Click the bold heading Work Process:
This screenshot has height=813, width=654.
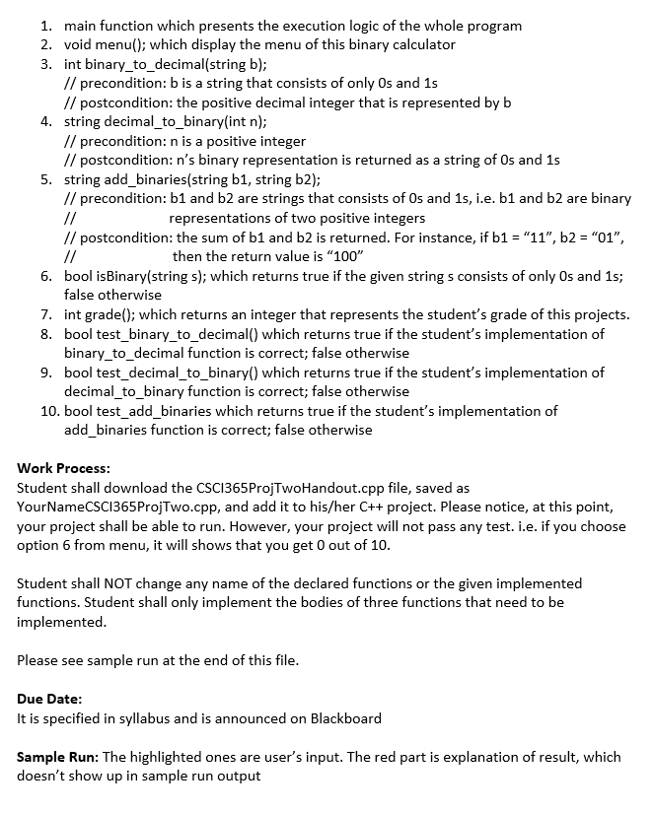coord(64,468)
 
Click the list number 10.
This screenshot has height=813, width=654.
coord(49,411)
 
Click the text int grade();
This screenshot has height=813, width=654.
coord(105,314)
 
